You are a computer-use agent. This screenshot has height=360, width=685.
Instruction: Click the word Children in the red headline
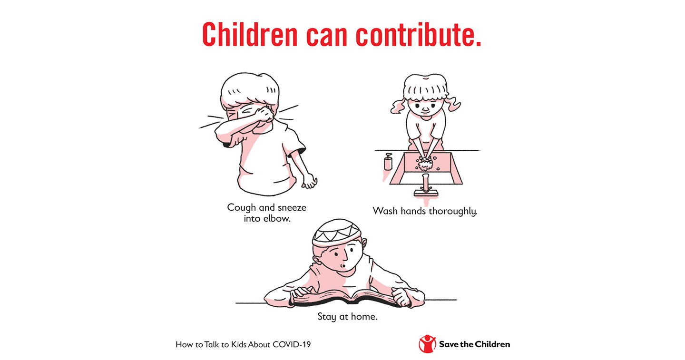click(x=250, y=35)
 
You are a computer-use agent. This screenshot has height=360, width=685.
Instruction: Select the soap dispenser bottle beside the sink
click(x=388, y=162)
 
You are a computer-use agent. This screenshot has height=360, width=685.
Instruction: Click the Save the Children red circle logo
click(x=427, y=344)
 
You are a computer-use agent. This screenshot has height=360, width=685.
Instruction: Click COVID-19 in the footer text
click(x=292, y=344)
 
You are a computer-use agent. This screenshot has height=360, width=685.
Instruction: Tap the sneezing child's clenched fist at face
click(x=264, y=114)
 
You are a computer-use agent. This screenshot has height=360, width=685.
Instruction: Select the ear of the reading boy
click(x=317, y=262)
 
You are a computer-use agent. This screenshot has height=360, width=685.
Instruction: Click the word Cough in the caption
click(x=241, y=208)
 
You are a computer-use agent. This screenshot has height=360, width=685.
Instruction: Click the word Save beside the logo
click(x=449, y=344)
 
